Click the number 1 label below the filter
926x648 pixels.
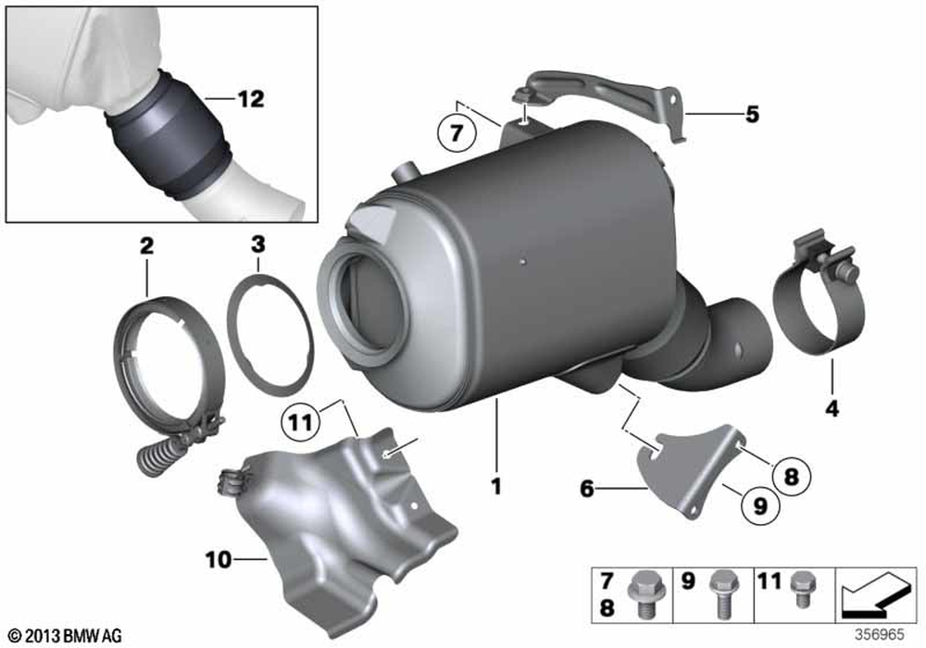click(496, 484)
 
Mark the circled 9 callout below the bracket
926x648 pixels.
click(758, 506)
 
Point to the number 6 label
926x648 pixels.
click(587, 486)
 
